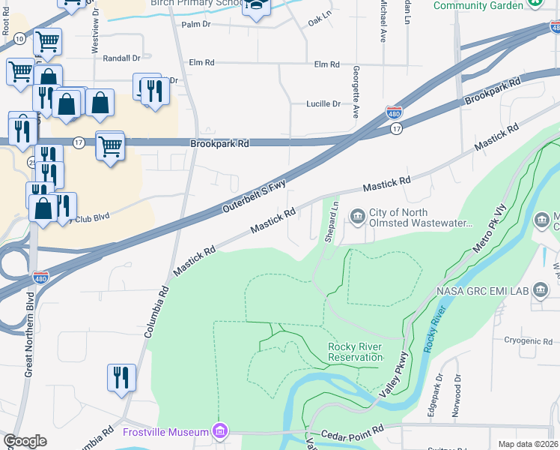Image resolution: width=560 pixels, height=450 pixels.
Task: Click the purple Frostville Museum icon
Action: coord(219,432)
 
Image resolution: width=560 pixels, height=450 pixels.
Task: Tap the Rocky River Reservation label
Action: coord(355,352)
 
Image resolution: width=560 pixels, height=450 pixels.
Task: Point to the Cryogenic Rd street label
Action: coord(528,341)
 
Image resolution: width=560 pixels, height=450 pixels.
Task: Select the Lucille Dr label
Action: coord(323,104)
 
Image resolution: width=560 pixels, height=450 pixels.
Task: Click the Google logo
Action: coord(25,441)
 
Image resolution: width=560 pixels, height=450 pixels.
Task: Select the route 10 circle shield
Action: coord(19,37)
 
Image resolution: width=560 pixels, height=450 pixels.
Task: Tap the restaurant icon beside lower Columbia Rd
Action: coord(121,377)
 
